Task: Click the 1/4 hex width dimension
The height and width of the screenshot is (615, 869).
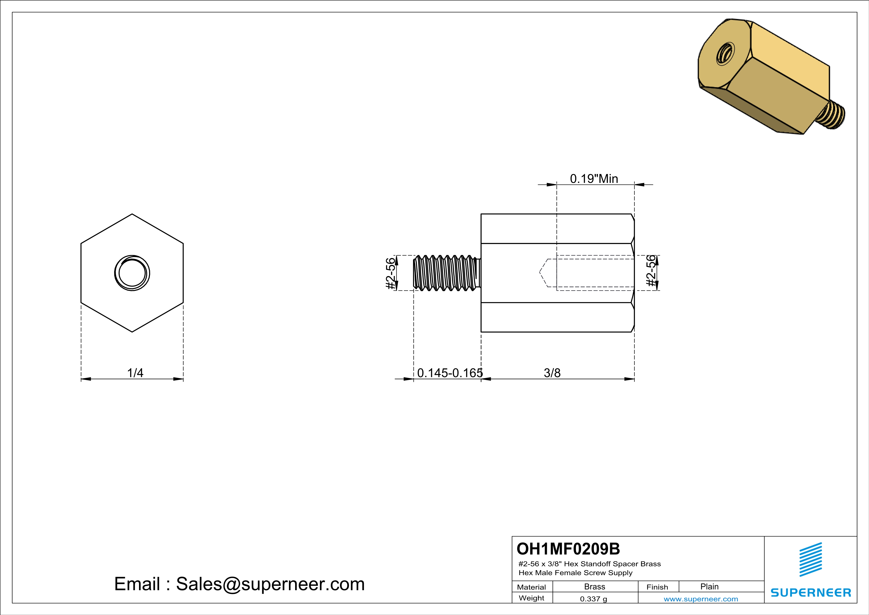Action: pos(135,373)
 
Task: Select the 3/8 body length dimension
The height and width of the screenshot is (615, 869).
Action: pos(552,373)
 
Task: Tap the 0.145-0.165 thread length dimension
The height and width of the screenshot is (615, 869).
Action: pos(450,373)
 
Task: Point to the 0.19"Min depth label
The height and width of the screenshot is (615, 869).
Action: pos(594,179)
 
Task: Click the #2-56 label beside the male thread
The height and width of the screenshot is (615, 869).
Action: pos(390,274)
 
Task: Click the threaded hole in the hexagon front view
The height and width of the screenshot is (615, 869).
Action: pos(132,273)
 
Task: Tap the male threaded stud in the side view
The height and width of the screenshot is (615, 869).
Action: pos(447,273)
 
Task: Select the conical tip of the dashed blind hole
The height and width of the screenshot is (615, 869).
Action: pos(543,273)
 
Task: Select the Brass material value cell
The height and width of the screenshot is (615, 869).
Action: pos(595,586)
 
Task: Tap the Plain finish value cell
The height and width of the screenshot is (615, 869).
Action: pos(709,586)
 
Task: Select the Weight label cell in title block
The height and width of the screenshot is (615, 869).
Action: pos(532,598)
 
